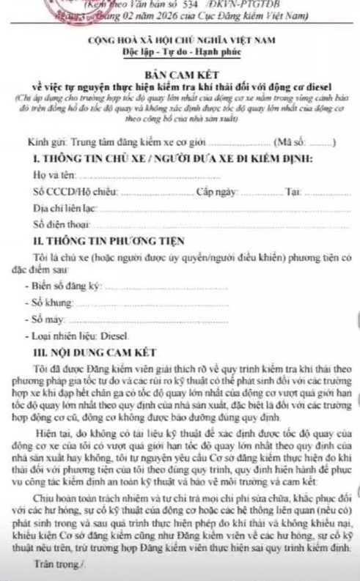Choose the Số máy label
(45, 319)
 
